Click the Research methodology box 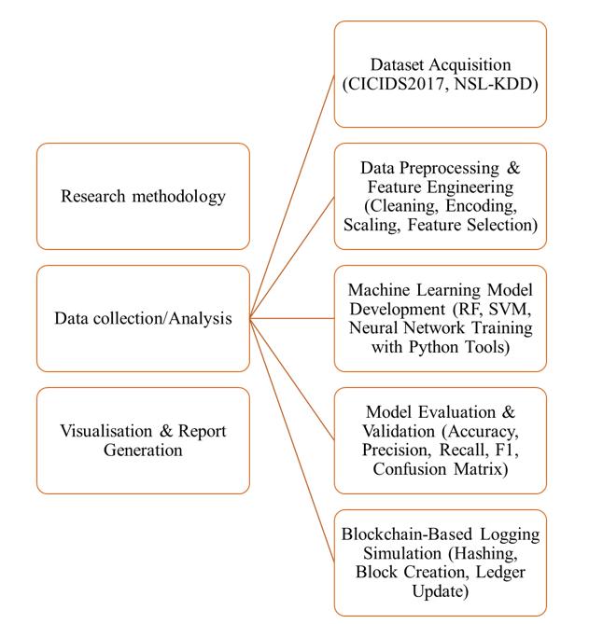point(143,196)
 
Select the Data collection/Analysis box point(143,318)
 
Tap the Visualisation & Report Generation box point(143,440)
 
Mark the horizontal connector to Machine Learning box point(292,318)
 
